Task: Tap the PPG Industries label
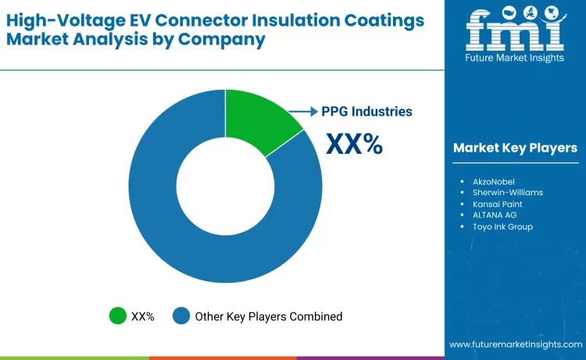366,112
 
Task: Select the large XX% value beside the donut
353,144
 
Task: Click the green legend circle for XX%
118,316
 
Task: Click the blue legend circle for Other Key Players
182,316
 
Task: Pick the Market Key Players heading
515,148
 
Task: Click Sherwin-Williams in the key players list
507,192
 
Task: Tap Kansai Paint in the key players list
498,203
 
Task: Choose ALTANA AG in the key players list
495,215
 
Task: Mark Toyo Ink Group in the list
502,226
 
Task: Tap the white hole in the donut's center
225,186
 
